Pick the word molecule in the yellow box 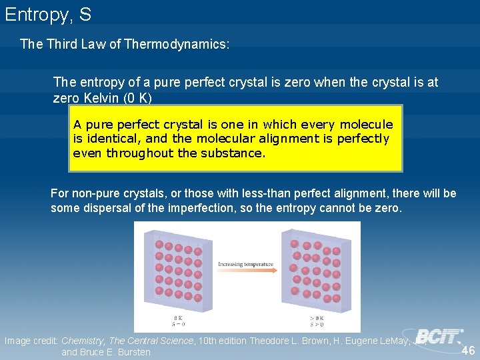366,125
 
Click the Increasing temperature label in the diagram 246,264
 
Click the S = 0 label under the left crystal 178,325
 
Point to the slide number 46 467,351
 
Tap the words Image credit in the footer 31,341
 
